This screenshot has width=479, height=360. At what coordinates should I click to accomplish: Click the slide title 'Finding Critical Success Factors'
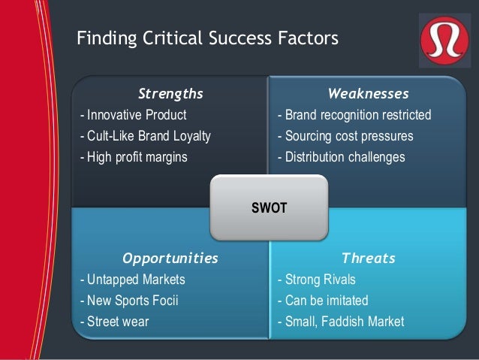(208, 38)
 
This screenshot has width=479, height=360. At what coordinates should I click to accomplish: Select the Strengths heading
(170, 94)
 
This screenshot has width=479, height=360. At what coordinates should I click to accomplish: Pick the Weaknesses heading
(368, 94)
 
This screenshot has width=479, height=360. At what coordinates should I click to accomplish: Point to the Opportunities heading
(170, 259)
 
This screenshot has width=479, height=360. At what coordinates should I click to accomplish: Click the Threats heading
(368, 259)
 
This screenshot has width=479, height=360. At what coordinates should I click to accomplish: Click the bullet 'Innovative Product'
(133, 116)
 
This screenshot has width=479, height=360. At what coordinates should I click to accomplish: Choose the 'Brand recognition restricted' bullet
(354, 116)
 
